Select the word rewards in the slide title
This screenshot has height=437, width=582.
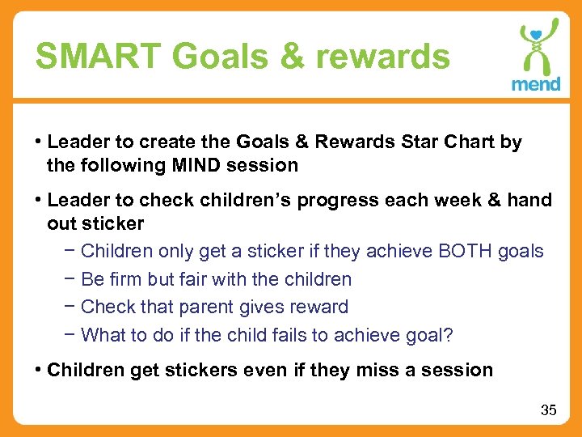click(383, 57)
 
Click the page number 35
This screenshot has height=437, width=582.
click(548, 410)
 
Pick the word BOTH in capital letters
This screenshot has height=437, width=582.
click(466, 252)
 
